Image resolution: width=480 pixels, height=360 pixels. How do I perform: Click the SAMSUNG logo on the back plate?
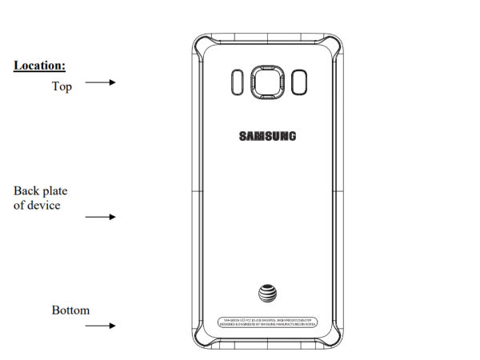[x=267, y=135]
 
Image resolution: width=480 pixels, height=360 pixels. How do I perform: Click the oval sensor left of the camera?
[x=236, y=82]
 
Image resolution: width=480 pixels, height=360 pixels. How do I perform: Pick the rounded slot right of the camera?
[x=299, y=82]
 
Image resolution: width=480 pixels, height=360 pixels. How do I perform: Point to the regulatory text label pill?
[x=267, y=320]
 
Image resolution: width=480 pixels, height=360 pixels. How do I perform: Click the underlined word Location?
[x=39, y=65]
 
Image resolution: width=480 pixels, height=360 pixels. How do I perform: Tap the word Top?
[x=62, y=86]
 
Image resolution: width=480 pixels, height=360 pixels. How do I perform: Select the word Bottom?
[x=70, y=310]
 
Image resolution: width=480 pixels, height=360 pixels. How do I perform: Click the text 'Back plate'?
[x=41, y=191]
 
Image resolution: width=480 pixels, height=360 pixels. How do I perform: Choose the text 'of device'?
[x=37, y=205]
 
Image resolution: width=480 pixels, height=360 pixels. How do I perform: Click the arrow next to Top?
[x=101, y=82]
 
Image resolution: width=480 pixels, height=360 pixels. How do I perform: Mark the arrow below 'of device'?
[x=101, y=217]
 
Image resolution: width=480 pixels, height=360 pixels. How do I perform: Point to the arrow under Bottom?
[x=101, y=326]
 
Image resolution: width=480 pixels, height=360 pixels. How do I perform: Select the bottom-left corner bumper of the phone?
[x=199, y=337]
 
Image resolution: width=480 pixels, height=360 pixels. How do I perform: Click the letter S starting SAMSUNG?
[x=242, y=135]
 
